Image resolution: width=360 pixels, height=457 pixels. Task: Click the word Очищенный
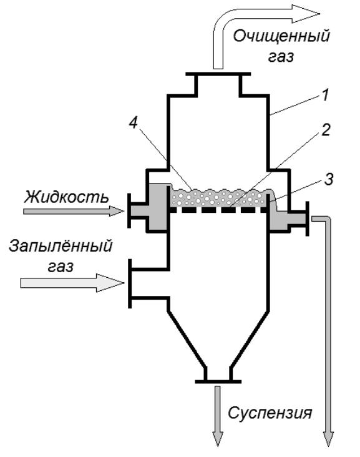tap(281, 37)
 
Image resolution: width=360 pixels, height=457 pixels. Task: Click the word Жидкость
tap(66, 197)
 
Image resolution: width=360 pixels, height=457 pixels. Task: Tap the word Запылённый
tap(61, 246)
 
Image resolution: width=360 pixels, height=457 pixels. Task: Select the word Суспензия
tap(270, 413)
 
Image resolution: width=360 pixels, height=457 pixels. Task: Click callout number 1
tap(325, 96)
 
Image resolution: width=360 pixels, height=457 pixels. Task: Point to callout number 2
tap(325, 130)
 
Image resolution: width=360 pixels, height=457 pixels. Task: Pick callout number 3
tap(328, 180)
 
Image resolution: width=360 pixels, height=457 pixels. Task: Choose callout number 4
tap(133, 124)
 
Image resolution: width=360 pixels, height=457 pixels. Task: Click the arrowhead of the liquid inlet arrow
tap(117, 211)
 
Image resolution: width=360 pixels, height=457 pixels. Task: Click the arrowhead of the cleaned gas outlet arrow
tap(306, 13)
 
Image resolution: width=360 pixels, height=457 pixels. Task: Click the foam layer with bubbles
tap(218, 198)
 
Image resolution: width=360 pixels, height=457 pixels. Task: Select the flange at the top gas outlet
tap(218, 74)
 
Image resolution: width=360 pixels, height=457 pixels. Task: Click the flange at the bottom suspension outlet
tap(218, 381)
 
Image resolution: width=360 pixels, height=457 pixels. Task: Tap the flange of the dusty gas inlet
tap(130, 283)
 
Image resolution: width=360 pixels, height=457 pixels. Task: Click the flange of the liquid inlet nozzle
tap(129, 210)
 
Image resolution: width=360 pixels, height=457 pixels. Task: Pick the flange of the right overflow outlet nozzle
tap(308, 219)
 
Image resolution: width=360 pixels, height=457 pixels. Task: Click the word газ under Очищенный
tap(281, 57)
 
